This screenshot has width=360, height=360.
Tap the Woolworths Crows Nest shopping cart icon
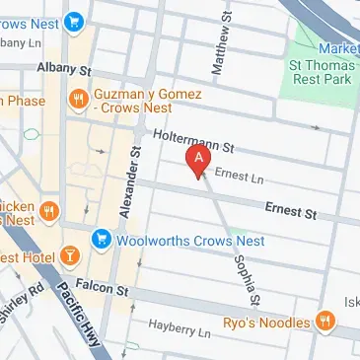[x=101, y=239]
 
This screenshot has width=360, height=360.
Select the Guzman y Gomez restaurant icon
[x=77, y=98]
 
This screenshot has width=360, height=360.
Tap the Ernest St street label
[x=290, y=209]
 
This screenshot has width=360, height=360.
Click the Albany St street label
[x=63, y=71]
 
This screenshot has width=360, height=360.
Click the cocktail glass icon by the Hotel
[x=70, y=257]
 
